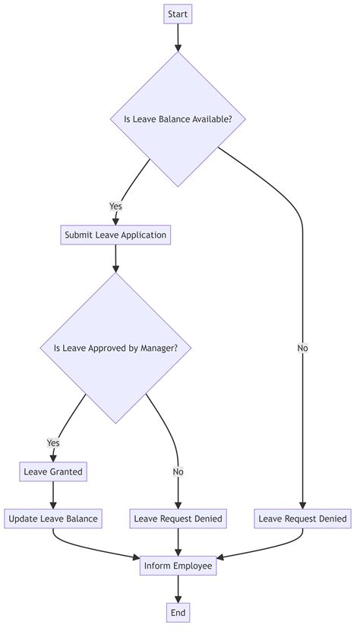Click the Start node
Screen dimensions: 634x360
[178, 14]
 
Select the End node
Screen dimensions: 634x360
[178, 612]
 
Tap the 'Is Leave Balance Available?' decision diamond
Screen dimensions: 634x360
[178, 119]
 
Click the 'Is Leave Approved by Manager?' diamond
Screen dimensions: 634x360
[115, 349]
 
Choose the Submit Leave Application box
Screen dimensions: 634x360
[115, 235]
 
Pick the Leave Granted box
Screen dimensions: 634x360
[53, 472]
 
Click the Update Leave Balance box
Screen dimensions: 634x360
[53, 519]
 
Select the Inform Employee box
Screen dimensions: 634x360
[178, 566]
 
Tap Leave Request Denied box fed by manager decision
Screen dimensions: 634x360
[178, 519]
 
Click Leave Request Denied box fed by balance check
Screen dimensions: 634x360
[303, 519]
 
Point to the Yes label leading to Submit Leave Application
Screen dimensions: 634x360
[115, 207]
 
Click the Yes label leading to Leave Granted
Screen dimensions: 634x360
[53, 443]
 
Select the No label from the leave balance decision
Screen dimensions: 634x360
[303, 349]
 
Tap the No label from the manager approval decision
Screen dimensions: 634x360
[178, 472]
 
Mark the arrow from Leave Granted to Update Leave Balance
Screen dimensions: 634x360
[53, 495]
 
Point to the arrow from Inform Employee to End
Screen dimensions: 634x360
[178, 589]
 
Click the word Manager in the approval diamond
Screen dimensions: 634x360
[157, 349]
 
